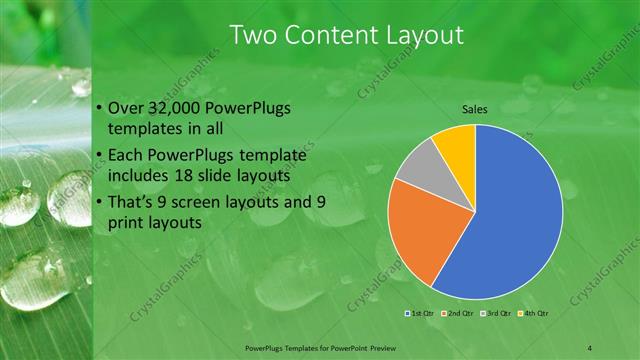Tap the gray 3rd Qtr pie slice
click(416, 166)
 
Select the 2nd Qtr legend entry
click(456, 313)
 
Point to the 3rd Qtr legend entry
click(496, 313)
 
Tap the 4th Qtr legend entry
click(534, 313)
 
